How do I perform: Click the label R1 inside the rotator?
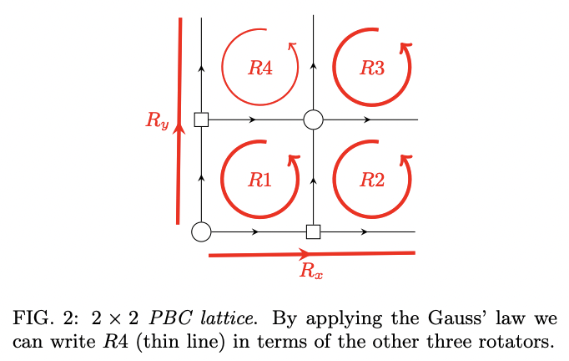tap(260, 179)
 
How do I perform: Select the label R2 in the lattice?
tap(372, 179)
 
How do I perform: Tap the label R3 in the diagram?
tap(372, 69)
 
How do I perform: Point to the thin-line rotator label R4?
tap(260, 69)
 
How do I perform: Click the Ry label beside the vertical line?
tap(157, 121)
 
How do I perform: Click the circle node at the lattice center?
tap(313, 119)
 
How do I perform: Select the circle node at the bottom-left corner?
tap(201, 231)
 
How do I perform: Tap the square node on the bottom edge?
tap(313, 231)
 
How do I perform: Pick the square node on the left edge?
tap(201, 119)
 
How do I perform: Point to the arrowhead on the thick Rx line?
tap(305, 253)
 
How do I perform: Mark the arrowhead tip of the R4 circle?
tap(292, 46)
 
